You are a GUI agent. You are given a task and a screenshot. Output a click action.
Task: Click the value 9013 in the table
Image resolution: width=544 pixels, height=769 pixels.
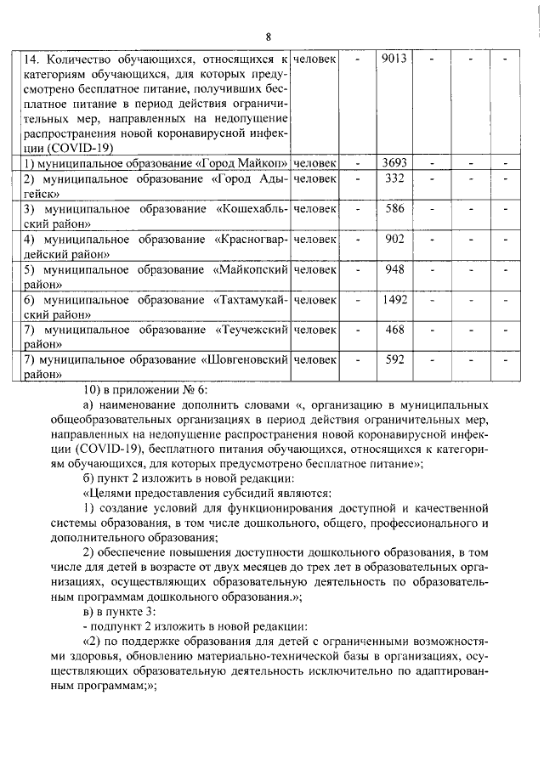(394, 59)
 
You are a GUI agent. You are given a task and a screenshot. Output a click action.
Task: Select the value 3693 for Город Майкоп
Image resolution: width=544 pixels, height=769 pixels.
(394, 161)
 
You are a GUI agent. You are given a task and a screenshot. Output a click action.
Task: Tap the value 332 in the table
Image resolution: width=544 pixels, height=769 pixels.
(394, 178)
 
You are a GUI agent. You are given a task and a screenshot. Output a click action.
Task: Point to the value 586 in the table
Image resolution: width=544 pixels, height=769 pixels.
(394, 208)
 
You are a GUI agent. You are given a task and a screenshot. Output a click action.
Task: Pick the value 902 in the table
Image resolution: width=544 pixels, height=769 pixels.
(394, 239)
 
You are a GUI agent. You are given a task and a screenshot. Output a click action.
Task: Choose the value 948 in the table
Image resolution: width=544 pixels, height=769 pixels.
(394, 269)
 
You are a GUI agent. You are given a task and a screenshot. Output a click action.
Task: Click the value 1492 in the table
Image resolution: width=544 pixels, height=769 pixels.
(394, 299)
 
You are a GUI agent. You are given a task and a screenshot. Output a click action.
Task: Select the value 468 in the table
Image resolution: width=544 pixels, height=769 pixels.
(394, 330)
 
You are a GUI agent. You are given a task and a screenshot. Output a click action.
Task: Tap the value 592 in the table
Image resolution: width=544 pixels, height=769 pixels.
(394, 359)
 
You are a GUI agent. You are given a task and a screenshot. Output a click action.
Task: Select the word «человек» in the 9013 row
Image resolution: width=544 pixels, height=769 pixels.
(314, 59)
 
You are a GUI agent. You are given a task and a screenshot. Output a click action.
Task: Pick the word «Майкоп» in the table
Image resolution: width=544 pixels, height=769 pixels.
(264, 162)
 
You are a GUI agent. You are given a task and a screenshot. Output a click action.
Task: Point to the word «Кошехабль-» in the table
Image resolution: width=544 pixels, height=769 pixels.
(252, 209)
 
